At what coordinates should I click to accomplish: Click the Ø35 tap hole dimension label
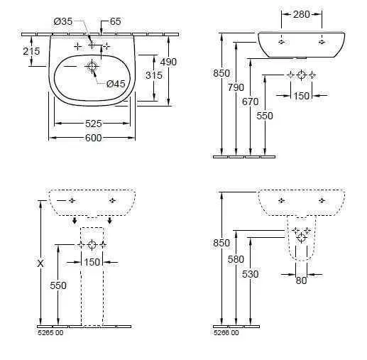point(63,21)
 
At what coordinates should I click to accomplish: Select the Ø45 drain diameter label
point(116,84)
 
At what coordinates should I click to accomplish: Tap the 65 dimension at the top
point(116,21)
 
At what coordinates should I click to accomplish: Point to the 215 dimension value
point(31,51)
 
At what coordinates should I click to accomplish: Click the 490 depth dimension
point(168,62)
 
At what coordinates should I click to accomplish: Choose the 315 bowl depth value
point(154,75)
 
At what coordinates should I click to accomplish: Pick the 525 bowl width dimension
point(94,124)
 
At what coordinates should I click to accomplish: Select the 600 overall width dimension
point(94,138)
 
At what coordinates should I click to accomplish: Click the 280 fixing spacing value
point(302,14)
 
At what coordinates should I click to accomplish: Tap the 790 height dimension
point(236,87)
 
